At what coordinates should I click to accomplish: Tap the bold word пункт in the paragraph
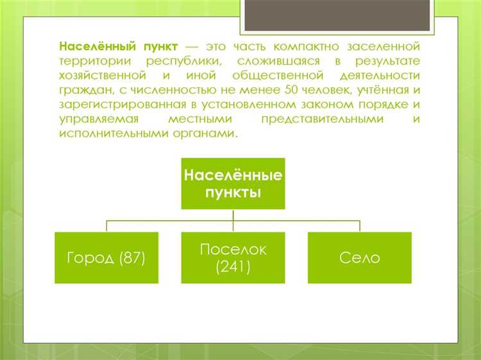[x=161, y=47]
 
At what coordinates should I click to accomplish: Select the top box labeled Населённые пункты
[x=233, y=184]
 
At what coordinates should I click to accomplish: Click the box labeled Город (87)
[x=106, y=258]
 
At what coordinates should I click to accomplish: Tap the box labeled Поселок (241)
[x=233, y=258]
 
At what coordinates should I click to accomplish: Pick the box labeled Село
[x=359, y=258]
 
